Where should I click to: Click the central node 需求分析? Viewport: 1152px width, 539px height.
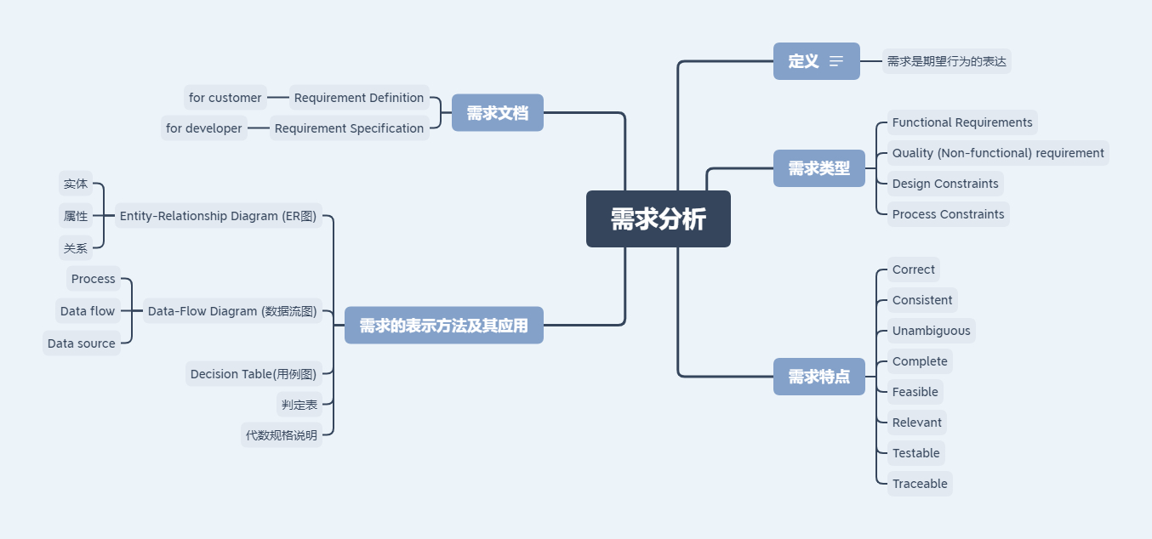[658, 218]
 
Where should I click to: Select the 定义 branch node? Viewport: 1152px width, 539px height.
[804, 61]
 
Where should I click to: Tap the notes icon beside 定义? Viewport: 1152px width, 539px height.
[836, 61]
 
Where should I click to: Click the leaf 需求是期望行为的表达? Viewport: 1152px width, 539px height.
[946, 61]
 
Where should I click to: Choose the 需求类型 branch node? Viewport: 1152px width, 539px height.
[818, 168]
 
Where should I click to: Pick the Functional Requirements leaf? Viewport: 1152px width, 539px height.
[962, 122]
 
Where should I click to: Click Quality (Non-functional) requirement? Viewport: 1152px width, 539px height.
[998, 153]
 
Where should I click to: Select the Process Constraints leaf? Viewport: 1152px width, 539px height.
[948, 214]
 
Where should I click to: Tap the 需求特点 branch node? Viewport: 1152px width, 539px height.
[818, 377]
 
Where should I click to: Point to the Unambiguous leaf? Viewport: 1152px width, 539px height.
[931, 331]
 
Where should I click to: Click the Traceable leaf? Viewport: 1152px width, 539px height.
[920, 484]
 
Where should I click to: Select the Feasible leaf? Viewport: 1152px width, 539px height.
[915, 392]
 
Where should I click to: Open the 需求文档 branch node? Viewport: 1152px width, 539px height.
[497, 113]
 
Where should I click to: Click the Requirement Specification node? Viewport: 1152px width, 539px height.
[349, 128]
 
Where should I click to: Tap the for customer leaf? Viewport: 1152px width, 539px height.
[225, 98]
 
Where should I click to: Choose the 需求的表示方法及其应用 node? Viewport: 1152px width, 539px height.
[443, 326]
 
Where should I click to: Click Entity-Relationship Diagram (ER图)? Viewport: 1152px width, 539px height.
[218, 216]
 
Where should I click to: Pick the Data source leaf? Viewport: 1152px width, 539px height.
[82, 343]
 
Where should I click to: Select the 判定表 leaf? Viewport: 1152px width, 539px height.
[299, 405]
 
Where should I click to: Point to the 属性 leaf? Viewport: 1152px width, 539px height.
[76, 216]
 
